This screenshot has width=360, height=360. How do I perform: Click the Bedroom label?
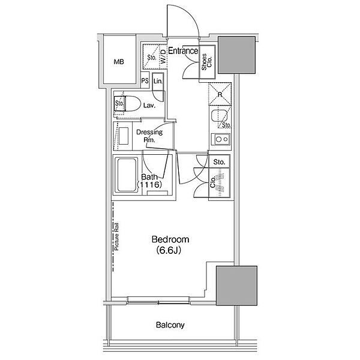tap(170, 239)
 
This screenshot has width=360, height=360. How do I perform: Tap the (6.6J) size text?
tap(169, 250)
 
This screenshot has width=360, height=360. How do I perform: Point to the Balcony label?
tap(170, 325)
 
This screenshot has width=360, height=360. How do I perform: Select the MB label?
tap(119, 62)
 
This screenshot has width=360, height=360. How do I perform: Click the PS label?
tap(145, 81)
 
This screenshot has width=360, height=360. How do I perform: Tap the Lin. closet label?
tap(158, 81)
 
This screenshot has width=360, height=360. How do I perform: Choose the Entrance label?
tap(183, 51)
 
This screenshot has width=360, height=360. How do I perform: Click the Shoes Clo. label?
tap(206, 62)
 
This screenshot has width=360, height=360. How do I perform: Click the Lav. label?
tap(149, 106)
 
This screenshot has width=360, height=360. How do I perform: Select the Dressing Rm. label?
tap(149, 136)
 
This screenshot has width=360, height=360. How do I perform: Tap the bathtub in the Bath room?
tap(126, 175)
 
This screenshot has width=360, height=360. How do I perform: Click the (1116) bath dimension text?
tap(149, 184)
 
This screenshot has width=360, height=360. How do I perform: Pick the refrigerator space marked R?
tap(220, 94)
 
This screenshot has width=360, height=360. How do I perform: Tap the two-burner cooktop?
tap(221, 139)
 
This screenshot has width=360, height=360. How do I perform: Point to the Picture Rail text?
tap(117, 236)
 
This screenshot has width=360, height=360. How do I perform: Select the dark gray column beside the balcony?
tap(236, 286)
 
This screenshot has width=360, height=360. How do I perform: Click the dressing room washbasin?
tap(124, 136)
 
